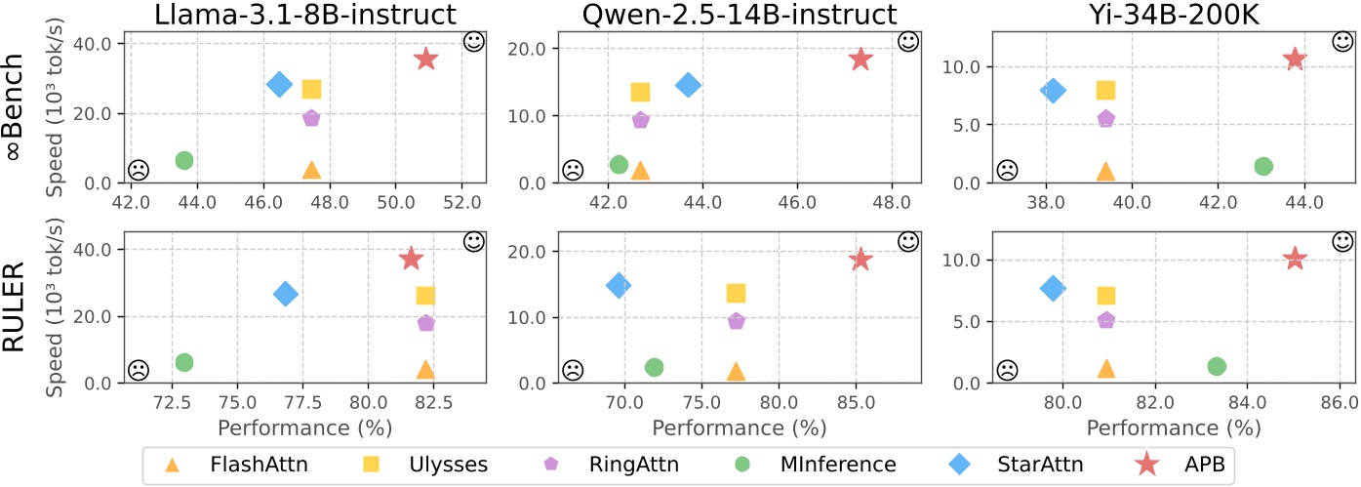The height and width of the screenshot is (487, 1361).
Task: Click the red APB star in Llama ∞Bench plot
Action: coord(426,60)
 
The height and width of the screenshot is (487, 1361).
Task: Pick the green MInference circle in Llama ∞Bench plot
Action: coord(183,160)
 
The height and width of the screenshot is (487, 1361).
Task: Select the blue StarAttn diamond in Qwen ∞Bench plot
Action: coord(688,85)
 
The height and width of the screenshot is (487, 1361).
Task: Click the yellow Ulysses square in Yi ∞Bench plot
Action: coord(1105,90)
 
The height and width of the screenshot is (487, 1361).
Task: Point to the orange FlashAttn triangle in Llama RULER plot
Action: coord(424,369)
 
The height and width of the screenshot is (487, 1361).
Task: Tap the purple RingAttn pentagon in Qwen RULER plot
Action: coord(736,321)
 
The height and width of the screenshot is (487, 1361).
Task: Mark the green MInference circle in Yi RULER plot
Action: coord(1216,366)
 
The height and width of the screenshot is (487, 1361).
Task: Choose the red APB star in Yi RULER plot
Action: coord(1295,259)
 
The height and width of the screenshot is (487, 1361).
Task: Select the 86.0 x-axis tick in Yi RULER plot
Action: coord(1337,402)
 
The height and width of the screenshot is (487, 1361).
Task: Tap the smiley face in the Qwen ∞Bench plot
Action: coord(907,41)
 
